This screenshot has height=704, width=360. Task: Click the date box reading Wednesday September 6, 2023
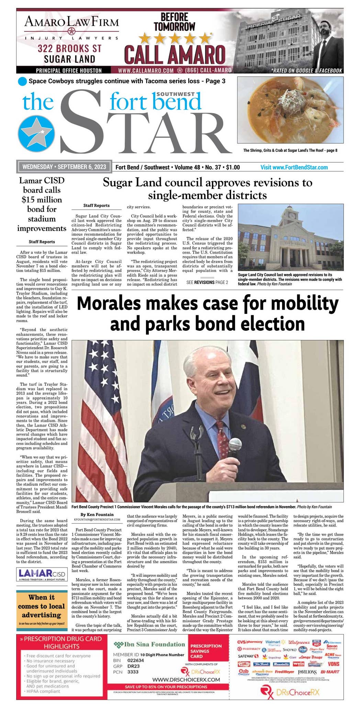64,167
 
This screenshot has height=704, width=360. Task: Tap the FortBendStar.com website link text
294,167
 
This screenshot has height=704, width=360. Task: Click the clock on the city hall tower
292,215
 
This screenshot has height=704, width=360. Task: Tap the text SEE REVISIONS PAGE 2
207,282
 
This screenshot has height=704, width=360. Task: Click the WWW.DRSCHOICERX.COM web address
186,680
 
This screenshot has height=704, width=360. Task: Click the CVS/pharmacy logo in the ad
250,642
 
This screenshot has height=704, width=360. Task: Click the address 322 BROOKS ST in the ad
70,48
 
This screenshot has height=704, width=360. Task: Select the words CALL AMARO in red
175,54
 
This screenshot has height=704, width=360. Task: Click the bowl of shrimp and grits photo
290,110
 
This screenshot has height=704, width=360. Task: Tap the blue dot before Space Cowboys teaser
22,81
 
